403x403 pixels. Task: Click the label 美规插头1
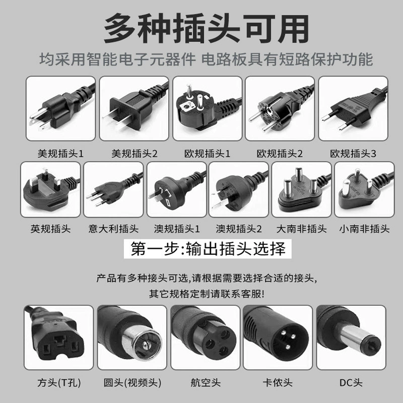pos(60,154)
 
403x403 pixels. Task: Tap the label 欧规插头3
pos(353,154)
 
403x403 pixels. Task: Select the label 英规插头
pos(50,229)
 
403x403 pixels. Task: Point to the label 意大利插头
pos(113,229)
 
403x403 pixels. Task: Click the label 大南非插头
pos(301,229)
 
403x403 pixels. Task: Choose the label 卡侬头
pos(278,382)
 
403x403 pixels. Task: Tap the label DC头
pos(351,382)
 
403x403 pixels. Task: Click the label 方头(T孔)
pos(59,382)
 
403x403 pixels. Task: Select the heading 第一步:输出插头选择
pos(208,248)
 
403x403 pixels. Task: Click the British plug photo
pos(50,189)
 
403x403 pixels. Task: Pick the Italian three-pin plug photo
pos(113,189)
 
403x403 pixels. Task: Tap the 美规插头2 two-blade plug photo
pos(134,108)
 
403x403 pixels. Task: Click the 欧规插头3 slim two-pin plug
pos(353,108)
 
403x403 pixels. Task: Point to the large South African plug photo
pos(301,189)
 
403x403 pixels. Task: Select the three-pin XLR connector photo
pos(278,338)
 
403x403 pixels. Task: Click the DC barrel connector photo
pos(351,338)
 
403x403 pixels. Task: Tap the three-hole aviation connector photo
pos(205,338)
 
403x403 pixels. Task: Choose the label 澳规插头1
pos(177,229)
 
